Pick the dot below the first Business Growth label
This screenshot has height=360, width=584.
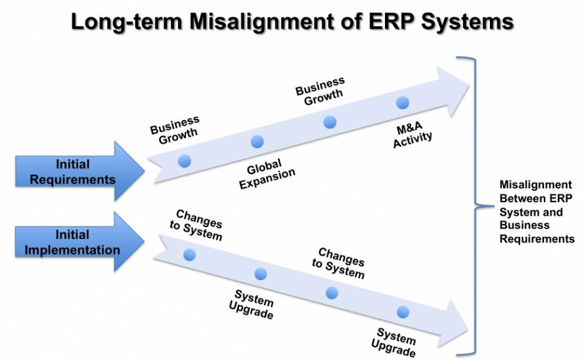click(184, 160)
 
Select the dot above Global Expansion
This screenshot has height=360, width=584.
click(257, 141)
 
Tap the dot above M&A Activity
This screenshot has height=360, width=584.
click(403, 103)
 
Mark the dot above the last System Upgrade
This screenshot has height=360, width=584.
click(403, 312)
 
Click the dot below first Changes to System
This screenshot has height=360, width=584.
click(190, 255)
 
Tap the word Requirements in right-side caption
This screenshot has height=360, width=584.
click(536, 239)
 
